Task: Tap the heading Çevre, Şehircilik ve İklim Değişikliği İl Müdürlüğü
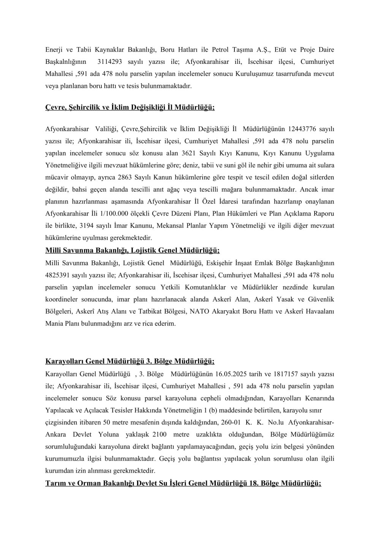tap(130, 108)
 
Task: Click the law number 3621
tap(190, 153)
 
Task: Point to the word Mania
tap(54, 324)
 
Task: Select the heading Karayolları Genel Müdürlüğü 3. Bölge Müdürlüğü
tap(130, 360)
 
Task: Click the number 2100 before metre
tap(160, 434)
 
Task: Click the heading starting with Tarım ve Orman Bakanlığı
tap(183, 483)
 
